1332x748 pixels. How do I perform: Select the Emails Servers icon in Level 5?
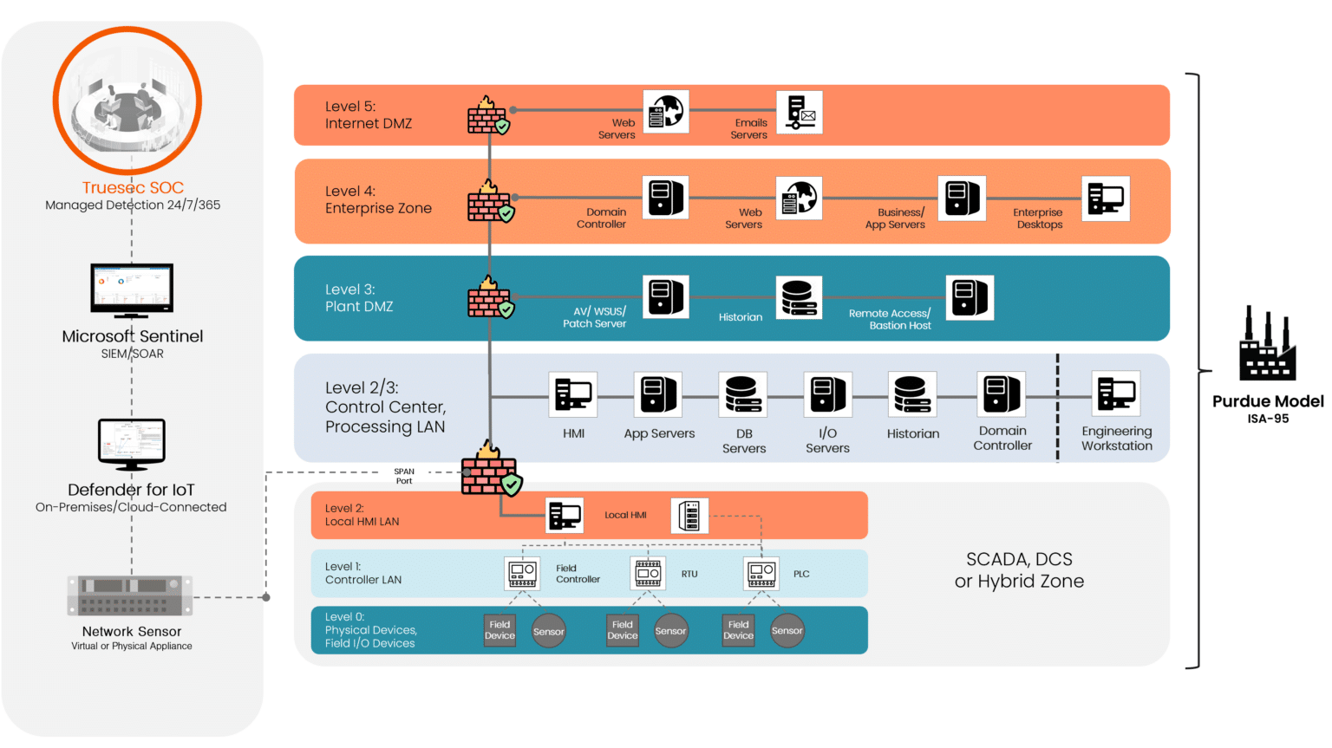coord(800,113)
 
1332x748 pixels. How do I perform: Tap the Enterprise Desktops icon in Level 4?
coord(1106,198)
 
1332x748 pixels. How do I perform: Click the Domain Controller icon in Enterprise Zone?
coord(665,198)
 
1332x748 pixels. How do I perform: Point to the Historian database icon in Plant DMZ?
coord(799,297)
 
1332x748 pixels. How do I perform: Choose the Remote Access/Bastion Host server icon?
coord(970,297)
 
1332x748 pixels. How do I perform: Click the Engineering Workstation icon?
coord(1116,394)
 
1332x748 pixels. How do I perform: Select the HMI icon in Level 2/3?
coord(573,394)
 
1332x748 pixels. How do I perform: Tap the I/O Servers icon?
coord(827,394)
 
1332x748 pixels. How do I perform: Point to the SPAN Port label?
coord(404,476)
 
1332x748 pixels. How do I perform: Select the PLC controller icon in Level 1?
coord(761,573)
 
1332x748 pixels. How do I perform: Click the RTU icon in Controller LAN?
coord(648,573)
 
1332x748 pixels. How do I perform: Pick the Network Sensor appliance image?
coord(130,595)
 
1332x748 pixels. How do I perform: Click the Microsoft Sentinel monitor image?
coord(132,290)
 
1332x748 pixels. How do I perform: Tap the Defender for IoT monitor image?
coord(132,444)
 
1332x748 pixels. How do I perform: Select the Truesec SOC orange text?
coord(133,187)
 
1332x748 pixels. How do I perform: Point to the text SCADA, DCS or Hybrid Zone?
coord(1019,570)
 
